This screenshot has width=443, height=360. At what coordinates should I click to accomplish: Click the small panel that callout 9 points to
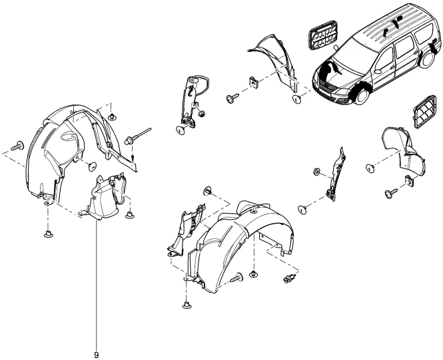[104, 197]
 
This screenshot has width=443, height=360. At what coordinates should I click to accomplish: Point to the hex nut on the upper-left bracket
[201, 112]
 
